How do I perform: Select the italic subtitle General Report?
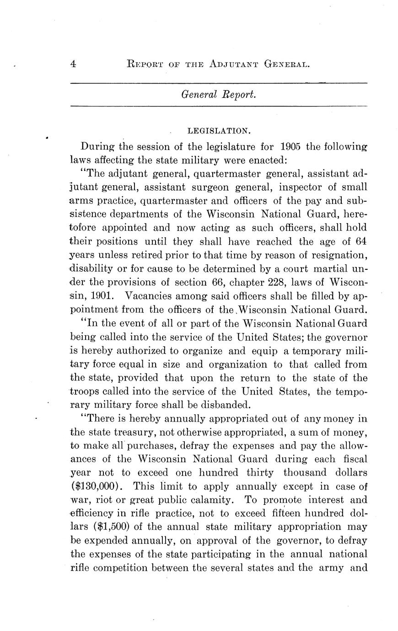pyautogui.click(x=218, y=95)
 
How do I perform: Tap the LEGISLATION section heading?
pyautogui.click(x=219, y=131)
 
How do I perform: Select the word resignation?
pyautogui.click(x=337, y=254)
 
